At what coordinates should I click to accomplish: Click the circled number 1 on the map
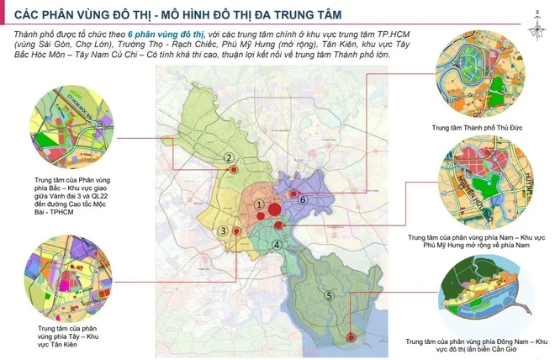[260, 205]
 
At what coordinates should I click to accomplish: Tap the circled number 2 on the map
[228, 157]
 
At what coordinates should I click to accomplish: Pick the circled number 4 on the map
[277, 245]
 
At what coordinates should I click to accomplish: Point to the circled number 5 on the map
[329, 294]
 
